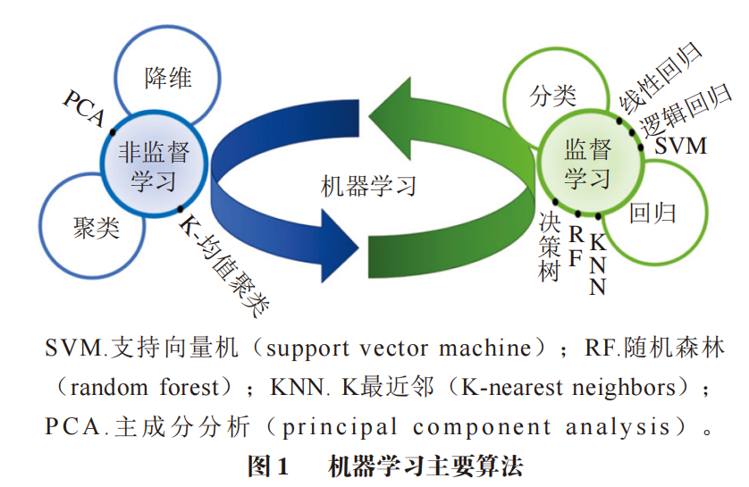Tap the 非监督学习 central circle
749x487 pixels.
(x=154, y=165)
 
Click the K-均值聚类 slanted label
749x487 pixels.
(x=224, y=264)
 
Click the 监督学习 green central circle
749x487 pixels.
(x=588, y=163)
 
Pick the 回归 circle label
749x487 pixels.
(x=652, y=213)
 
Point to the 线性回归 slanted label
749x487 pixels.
(x=666, y=76)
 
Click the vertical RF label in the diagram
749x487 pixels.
(x=576, y=247)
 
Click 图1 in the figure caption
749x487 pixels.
(x=268, y=466)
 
